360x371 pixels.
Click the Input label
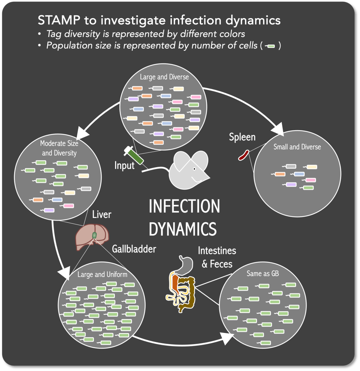(x=124, y=166)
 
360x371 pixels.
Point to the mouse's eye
(x=194, y=169)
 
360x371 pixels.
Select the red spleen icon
(x=243, y=155)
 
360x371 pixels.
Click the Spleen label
(x=242, y=137)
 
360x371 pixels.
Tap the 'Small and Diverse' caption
(x=297, y=147)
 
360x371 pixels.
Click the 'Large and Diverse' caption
(x=164, y=77)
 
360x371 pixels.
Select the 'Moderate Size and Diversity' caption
(x=60, y=148)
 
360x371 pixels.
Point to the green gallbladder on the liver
(x=95, y=235)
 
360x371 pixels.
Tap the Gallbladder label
(x=134, y=249)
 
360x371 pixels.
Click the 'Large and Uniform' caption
(x=102, y=274)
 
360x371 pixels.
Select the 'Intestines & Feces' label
(x=217, y=257)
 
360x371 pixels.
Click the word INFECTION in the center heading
(x=184, y=206)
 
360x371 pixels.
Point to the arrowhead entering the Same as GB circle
(x=227, y=338)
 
